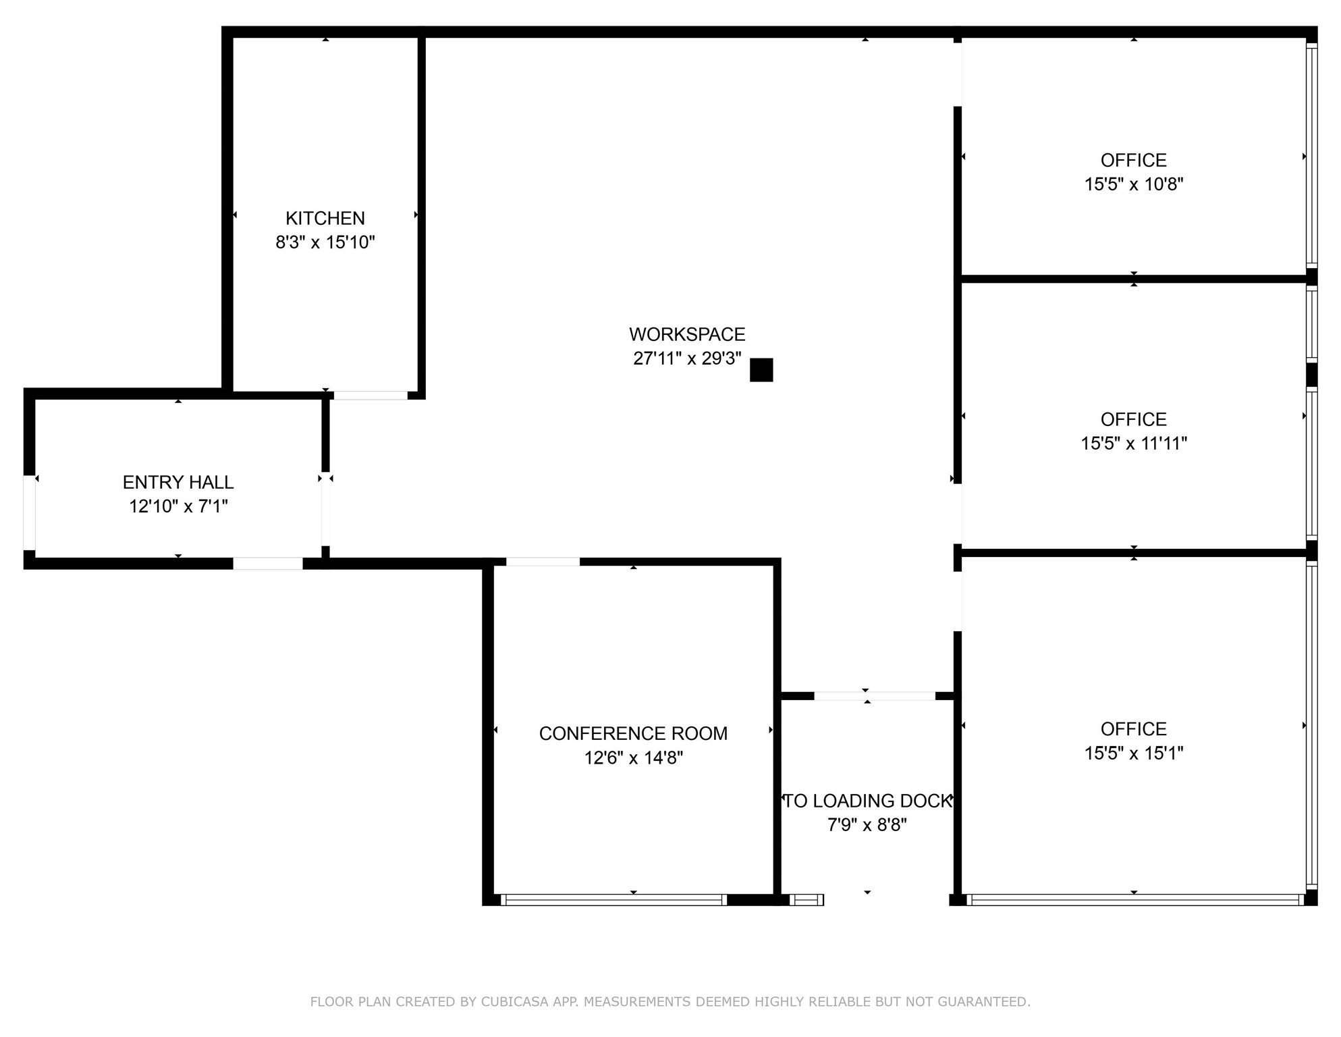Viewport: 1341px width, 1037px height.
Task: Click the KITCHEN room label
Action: coord(325,218)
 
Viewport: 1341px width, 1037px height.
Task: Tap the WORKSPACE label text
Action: coord(687,334)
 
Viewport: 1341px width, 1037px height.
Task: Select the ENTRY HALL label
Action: coord(178,482)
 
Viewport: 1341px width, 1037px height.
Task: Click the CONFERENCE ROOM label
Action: coord(633,733)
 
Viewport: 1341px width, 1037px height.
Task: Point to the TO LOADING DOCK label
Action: coord(867,801)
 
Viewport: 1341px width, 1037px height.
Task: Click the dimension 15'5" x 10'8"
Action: coord(1133,184)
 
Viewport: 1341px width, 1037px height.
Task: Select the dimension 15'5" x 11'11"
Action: coord(1133,443)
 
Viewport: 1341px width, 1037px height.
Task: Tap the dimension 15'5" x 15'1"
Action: coord(1133,753)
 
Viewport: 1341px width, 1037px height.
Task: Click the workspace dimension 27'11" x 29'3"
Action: coord(687,358)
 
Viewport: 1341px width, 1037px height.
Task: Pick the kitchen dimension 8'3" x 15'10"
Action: coord(325,242)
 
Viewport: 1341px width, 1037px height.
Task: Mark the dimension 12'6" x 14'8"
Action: coord(633,757)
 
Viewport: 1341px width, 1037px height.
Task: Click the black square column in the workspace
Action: coord(761,370)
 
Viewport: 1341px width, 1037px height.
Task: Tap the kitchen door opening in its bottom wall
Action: coord(371,395)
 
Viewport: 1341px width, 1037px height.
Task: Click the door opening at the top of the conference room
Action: coord(543,562)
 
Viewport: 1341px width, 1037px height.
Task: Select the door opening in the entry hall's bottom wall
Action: coord(268,563)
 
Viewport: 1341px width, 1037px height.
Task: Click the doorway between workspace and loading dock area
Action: coord(875,696)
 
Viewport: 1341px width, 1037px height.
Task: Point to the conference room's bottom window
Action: coord(613,899)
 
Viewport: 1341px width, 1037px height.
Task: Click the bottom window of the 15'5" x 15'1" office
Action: coord(1134,899)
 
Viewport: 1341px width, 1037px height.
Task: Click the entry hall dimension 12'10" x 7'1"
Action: coord(178,506)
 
